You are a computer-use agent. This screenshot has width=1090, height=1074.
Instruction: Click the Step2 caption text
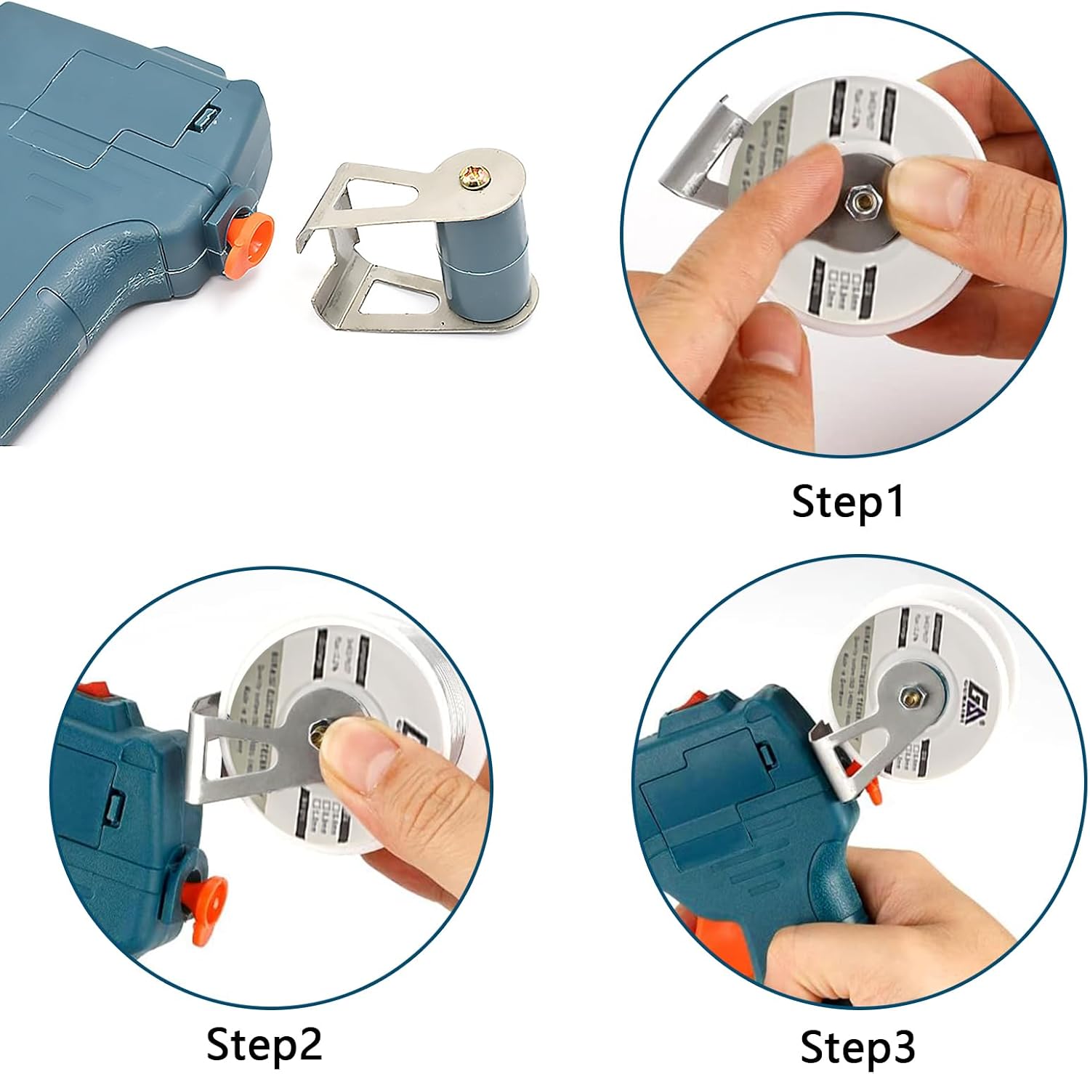264,1044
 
